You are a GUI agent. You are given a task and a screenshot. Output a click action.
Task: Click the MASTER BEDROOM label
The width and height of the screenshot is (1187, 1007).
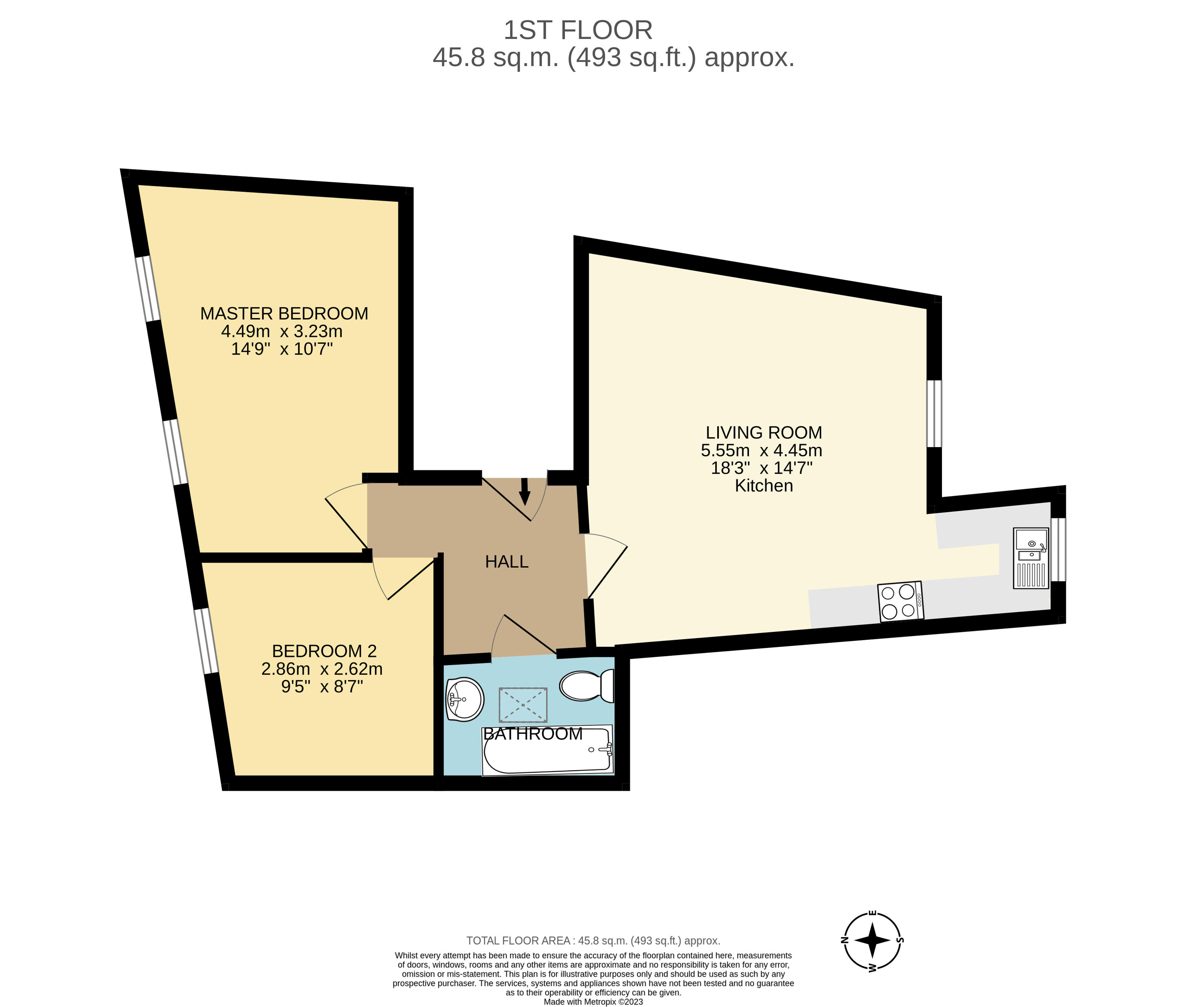(x=284, y=313)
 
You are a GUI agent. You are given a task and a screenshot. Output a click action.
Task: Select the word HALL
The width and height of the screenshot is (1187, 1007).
(x=506, y=562)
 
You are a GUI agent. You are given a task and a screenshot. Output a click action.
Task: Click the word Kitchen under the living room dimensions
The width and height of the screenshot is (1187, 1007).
(x=764, y=486)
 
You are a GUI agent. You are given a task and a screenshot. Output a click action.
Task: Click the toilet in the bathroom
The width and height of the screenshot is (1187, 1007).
(x=586, y=686)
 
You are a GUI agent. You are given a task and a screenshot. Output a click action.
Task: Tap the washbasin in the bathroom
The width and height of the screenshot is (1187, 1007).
(x=464, y=699)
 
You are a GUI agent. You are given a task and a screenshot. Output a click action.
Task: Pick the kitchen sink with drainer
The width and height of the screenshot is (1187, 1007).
(x=1031, y=558)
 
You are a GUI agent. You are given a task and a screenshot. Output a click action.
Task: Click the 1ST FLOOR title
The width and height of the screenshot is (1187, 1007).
(x=578, y=30)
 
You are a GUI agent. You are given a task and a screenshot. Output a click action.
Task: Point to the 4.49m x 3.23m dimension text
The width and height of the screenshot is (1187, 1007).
(x=282, y=331)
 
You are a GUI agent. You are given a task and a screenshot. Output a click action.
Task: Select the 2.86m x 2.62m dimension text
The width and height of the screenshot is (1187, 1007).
(x=322, y=669)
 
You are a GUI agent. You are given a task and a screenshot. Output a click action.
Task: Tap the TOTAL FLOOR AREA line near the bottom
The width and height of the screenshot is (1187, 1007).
(x=593, y=941)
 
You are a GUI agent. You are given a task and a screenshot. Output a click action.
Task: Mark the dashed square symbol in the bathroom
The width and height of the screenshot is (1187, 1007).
(x=523, y=705)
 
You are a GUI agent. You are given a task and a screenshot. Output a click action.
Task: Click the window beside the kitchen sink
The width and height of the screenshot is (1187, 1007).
(x=1058, y=549)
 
